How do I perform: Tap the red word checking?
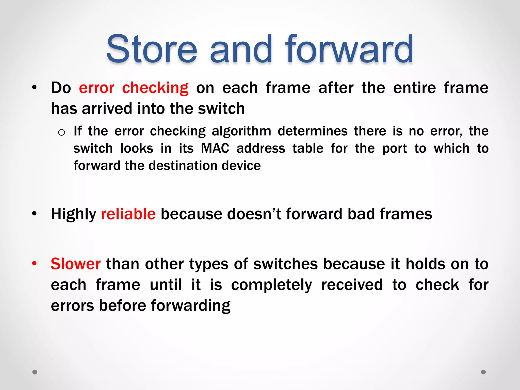pyautogui.click(x=155, y=88)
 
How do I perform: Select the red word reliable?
pyautogui.click(x=128, y=214)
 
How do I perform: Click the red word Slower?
pyautogui.click(x=76, y=264)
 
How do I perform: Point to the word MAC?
pyautogui.click(x=215, y=148)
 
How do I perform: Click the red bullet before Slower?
pyautogui.click(x=34, y=263)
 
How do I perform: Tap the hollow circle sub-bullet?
pyautogui.click(x=61, y=132)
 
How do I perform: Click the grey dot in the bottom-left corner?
pyautogui.click(x=35, y=372)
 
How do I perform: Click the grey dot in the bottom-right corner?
pyautogui.click(x=483, y=372)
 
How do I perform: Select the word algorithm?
pyautogui.click(x=241, y=131)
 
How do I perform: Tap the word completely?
pyautogui.click(x=271, y=285)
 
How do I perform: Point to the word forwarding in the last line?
pyautogui.click(x=191, y=305)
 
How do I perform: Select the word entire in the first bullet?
pyautogui.click(x=414, y=88)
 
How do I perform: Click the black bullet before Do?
pyautogui.click(x=34, y=88)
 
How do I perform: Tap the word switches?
pyautogui.click(x=286, y=264)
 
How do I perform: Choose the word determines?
pyautogui.click(x=313, y=131)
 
